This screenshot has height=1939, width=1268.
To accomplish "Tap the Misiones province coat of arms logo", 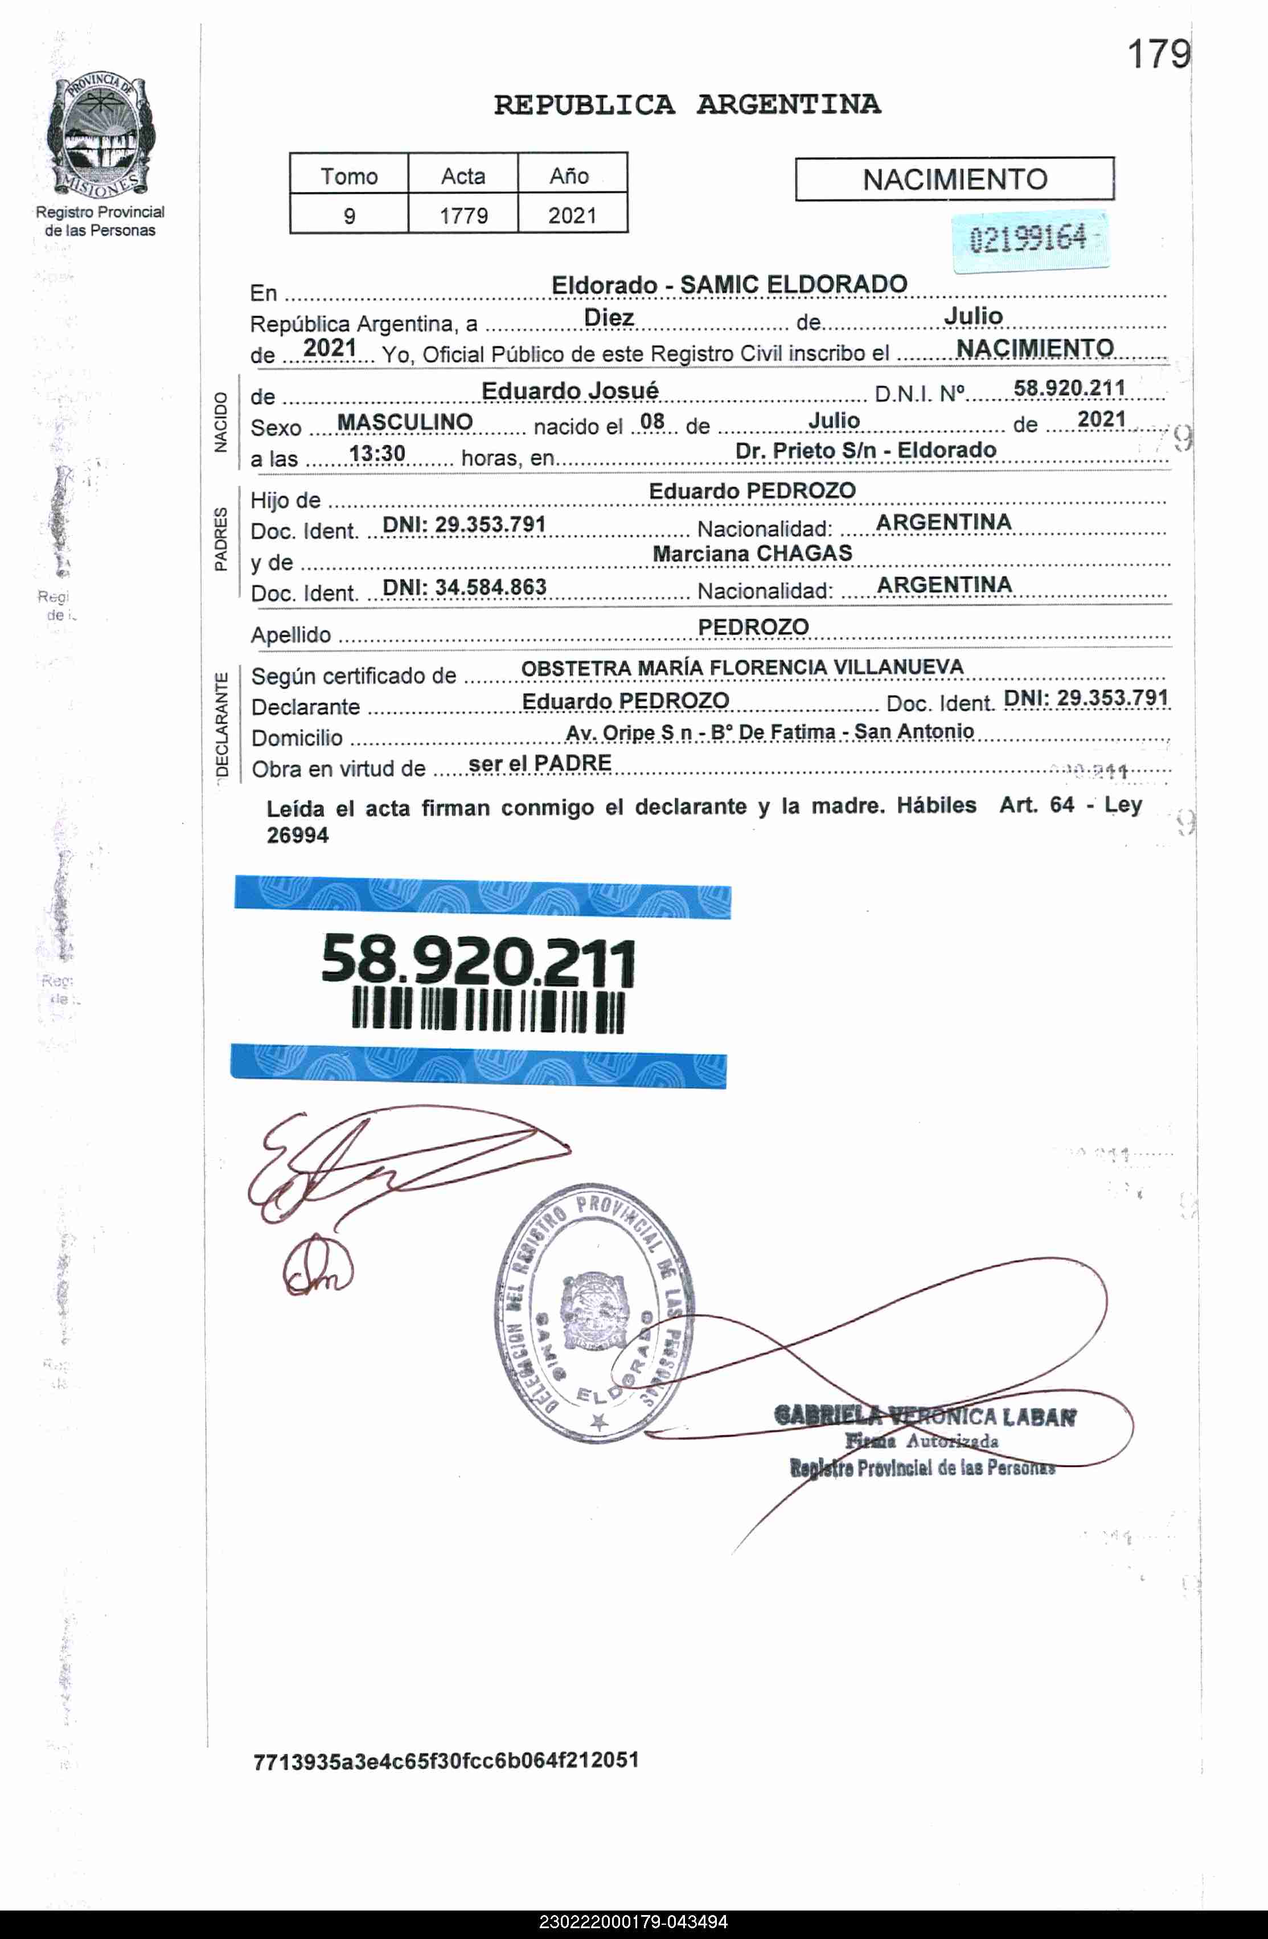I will point(100,134).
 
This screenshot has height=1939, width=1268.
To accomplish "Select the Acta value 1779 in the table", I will point(463,216).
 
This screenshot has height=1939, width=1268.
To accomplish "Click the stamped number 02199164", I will point(1028,239).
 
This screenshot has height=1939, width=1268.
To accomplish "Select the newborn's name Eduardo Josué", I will point(569,391).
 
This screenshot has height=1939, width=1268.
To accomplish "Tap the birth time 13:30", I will point(377,453).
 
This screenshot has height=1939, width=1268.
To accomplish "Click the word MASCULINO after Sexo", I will point(405,422).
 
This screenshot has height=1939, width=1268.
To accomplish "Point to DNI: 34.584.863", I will point(464,587).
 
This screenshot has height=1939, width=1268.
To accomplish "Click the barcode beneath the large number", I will point(488,1011).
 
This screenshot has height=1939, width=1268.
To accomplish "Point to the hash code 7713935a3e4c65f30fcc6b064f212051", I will point(445,1761).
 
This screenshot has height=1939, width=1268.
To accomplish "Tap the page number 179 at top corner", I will point(1158,55).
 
